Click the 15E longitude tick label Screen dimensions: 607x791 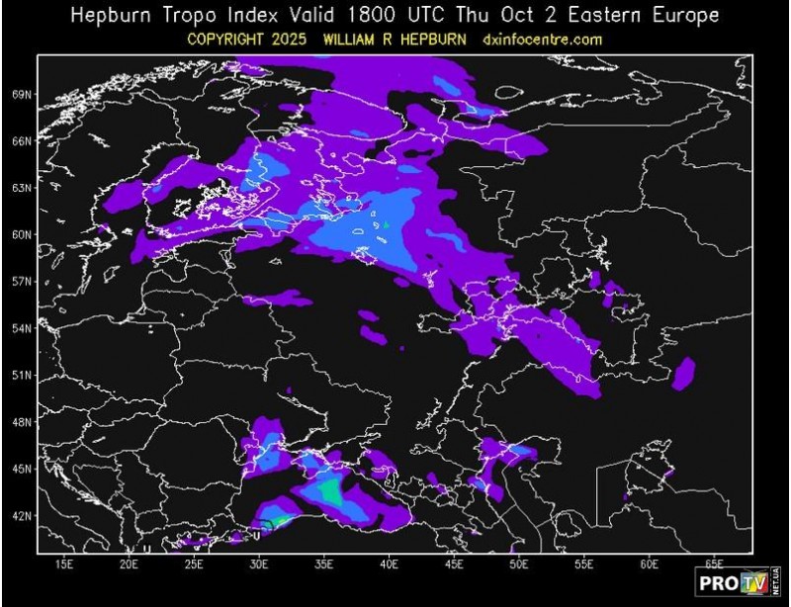pyautogui.click(x=64, y=564)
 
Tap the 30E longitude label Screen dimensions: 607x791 pyautogui.click(x=259, y=564)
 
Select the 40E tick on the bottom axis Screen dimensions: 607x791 pyautogui.click(x=390, y=564)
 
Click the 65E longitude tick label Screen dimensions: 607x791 pyautogui.click(x=715, y=564)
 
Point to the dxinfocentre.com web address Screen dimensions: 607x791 pyautogui.click(x=543, y=40)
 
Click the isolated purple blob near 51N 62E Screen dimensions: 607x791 pyautogui.click(x=683, y=372)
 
